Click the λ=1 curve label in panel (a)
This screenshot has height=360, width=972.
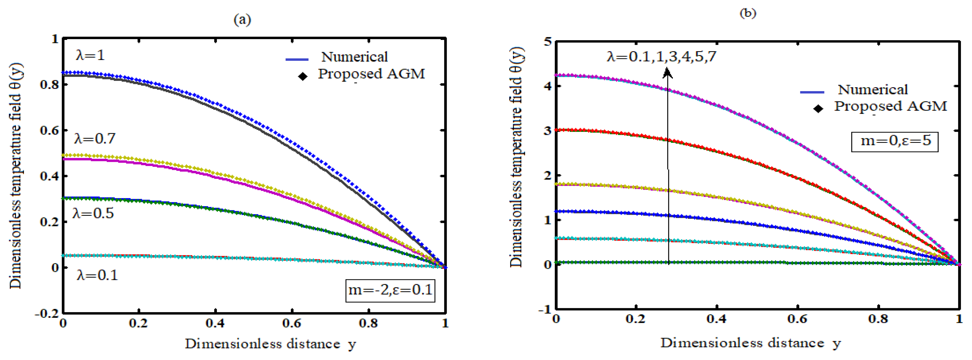click(x=90, y=56)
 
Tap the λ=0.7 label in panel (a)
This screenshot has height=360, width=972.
click(x=95, y=139)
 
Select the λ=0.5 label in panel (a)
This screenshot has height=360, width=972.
click(x=93, y=214)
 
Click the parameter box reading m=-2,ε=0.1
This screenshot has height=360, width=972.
click(x=390, y=290)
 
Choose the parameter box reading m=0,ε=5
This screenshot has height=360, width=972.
click(x=895, y=141)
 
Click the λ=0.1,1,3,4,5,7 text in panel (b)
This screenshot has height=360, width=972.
click(x=661, y=57)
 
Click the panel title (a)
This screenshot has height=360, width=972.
click(x=242, y=19)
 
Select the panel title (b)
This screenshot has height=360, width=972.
click(x=747, y=13)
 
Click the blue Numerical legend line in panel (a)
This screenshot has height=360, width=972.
click(x=297, y=59)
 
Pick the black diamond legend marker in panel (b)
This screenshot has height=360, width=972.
click(x=818, y=109)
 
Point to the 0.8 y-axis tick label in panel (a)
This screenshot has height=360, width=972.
click(x=50, y=84)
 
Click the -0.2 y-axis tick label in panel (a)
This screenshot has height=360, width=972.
click(x=47, y=313)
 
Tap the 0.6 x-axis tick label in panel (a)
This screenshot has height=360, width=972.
click(x=292, y=323)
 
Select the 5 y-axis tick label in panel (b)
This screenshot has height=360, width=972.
click(x=548, y=42)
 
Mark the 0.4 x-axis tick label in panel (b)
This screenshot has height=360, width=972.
click(x=716, y=319)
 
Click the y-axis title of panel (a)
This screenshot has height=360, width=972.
click(x=16, y=176)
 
